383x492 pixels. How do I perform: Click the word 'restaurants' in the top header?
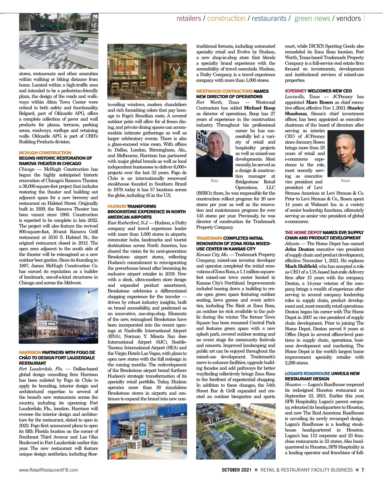click(x=269, y=19)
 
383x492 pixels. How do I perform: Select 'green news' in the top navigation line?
click(x=312, y=19)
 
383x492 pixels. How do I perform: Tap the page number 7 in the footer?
click(x=363, y=470)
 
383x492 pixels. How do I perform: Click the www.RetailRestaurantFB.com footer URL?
click(x=49, y=470)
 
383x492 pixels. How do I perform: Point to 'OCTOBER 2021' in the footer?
click(x=237, y=470)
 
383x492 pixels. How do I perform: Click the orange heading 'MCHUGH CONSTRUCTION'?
click(x=45, y=153)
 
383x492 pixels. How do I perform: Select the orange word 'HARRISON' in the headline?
click(x=30, y=352)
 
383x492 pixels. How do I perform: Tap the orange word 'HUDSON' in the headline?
click(x=117, y=206)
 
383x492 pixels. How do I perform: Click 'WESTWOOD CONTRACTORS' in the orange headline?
click(x=224, y=91)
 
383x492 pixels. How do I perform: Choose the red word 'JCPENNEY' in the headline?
click(x=296, y=91)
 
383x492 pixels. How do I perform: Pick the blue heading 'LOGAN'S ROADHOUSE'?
click(x=307, y=373)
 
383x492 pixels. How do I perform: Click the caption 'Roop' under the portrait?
click(x=214, y=181)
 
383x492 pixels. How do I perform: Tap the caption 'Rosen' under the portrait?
click(x=346, y=181)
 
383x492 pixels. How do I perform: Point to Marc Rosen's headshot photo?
click(x=346, y=153)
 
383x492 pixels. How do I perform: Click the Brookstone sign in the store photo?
click(x=143, y=413)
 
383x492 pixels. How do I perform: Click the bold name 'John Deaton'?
click(x=299, y=249)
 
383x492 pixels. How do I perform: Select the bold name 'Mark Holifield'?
click(x=301, y=266)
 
